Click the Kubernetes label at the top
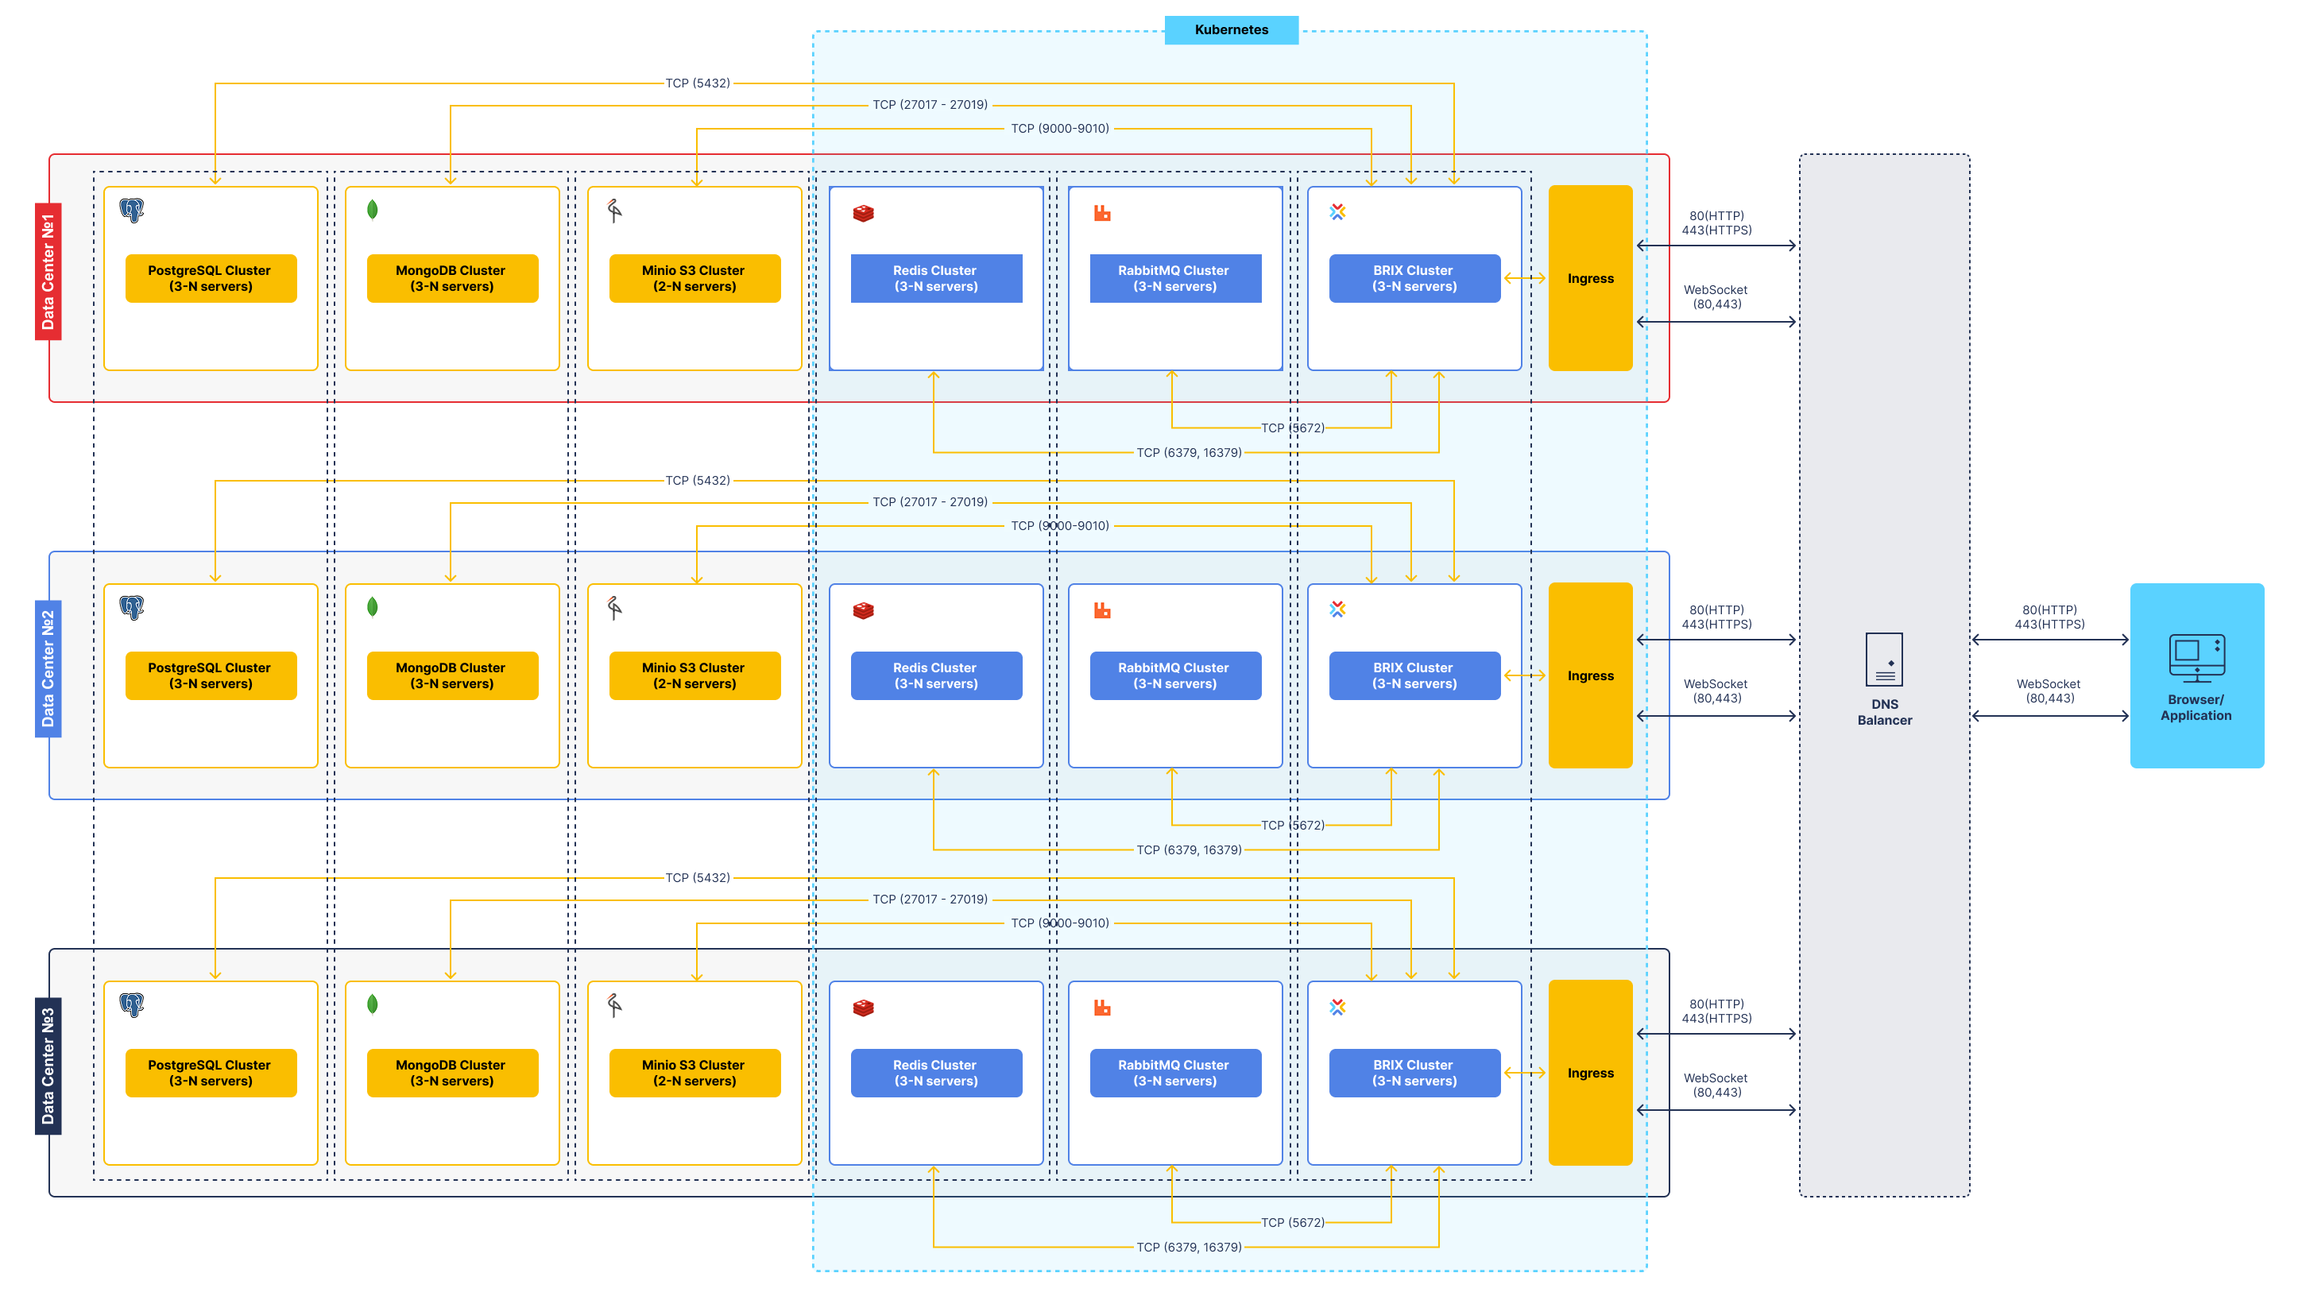1231,29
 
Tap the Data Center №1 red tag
48,272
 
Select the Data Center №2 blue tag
48,668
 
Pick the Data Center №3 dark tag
48,1066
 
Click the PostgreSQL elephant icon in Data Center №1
131,210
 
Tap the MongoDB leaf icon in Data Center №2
373,608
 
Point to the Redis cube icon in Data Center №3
863,1008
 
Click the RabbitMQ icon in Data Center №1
1102,213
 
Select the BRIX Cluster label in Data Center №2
1414,675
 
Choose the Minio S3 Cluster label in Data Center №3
694,1073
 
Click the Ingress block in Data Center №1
1590,278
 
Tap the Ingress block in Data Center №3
1590,1073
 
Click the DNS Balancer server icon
1884,660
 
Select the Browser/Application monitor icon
2196,659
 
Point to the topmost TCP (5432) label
698,83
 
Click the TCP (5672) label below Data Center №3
1292,1222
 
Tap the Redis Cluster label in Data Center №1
935,279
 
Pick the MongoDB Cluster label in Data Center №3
452,1073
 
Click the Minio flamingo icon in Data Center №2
615,609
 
